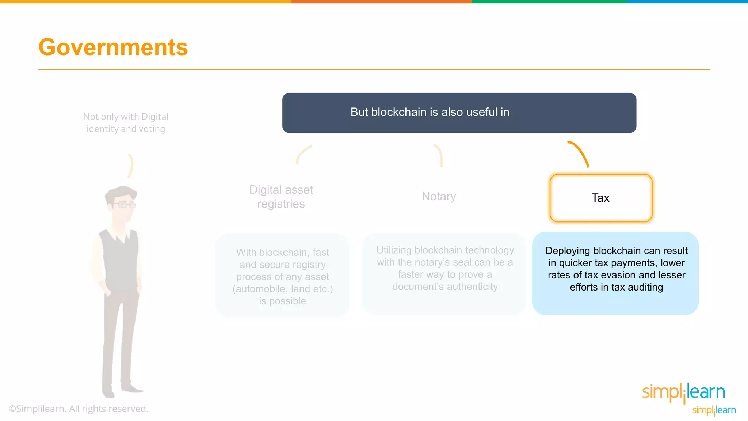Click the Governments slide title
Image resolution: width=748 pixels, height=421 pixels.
(113, 47)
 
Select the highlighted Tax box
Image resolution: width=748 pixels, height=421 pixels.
(601, 198)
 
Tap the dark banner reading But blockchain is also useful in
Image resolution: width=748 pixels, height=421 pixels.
(459, 113)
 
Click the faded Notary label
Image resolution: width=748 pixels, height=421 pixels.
(439, 196)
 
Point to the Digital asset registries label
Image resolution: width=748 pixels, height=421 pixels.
(281, 197)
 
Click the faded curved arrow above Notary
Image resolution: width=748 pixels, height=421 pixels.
(439, 155)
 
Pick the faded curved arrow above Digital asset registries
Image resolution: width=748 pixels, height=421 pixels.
(303, 155)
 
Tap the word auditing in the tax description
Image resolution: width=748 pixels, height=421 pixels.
(645, 287)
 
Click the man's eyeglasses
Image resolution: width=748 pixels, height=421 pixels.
(125, 204)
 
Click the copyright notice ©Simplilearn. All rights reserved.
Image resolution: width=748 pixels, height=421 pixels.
(79, 409)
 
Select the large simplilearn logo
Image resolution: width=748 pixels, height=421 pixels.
(683, 392)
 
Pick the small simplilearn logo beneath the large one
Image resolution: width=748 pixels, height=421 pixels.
(714, 410)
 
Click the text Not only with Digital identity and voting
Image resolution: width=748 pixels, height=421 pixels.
(126, 123)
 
